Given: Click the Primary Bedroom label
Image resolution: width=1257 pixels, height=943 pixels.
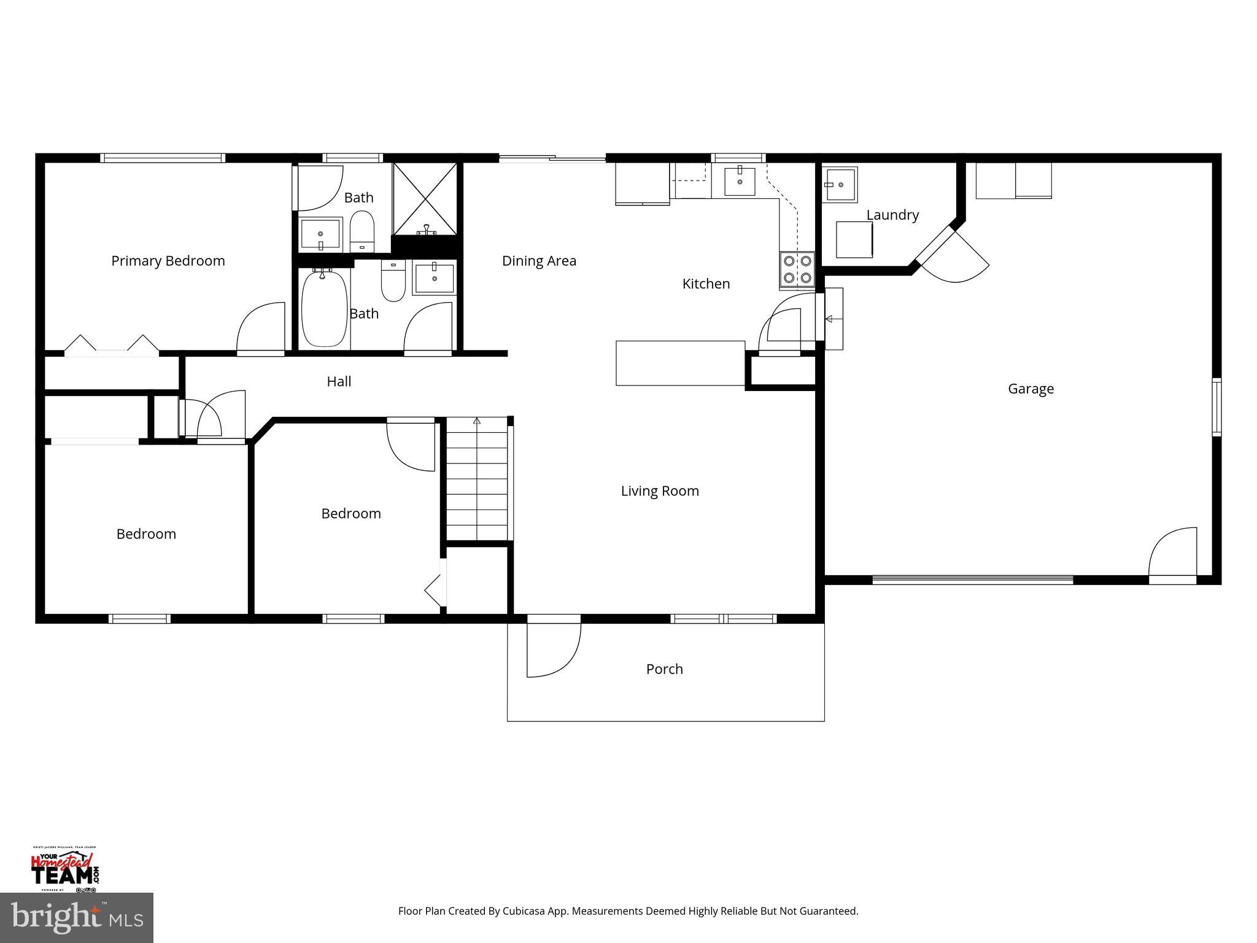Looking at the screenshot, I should pos(168,261).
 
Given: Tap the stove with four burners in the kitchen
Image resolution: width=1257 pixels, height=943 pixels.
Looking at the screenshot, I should pos(797,270).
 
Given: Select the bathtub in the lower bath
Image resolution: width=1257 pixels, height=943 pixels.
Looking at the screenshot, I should pos(324,310).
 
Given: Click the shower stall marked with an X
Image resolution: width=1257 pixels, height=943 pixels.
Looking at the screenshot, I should pos(425,198).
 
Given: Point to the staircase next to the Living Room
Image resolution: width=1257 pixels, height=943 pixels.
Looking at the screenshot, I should pos(477,479).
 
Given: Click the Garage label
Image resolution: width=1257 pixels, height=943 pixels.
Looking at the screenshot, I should pos(1031,389).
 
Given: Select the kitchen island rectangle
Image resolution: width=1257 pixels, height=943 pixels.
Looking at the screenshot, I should pos(680,363).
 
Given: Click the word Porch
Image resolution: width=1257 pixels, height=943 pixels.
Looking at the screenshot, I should pos(664,669).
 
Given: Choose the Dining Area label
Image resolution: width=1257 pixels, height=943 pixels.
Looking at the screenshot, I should pos(539,261).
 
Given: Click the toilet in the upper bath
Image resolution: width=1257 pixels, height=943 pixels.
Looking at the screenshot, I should pos(362,231).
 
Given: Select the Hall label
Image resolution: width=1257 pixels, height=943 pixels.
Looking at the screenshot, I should pos(339,382).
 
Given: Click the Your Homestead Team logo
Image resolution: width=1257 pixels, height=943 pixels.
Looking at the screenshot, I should pos(64,869).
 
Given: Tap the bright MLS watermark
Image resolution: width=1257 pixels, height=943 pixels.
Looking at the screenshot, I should pos(76,917).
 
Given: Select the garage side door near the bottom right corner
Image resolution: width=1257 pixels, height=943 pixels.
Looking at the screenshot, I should pos(1172,553).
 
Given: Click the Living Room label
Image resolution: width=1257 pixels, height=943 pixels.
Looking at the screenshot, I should pos(660,491).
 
